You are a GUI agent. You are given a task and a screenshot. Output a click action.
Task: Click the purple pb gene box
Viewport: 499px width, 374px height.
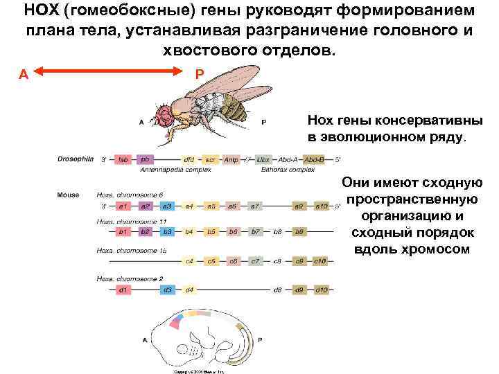(145, 159)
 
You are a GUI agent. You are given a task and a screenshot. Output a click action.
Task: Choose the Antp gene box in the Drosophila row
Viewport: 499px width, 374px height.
(231, 159)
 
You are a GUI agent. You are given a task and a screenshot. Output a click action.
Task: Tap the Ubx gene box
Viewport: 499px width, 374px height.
(263, 159)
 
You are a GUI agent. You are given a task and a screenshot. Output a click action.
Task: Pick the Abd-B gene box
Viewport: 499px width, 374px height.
(315, 159)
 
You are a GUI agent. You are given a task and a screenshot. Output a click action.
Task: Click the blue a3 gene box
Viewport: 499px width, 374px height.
(167, 206)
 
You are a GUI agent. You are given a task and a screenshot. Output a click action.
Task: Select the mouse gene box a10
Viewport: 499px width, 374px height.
(322, 206)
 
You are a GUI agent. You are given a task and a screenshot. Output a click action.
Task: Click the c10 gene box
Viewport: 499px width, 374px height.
(322, 261)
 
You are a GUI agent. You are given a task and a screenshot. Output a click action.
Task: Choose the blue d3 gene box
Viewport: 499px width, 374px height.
(167, 290)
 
